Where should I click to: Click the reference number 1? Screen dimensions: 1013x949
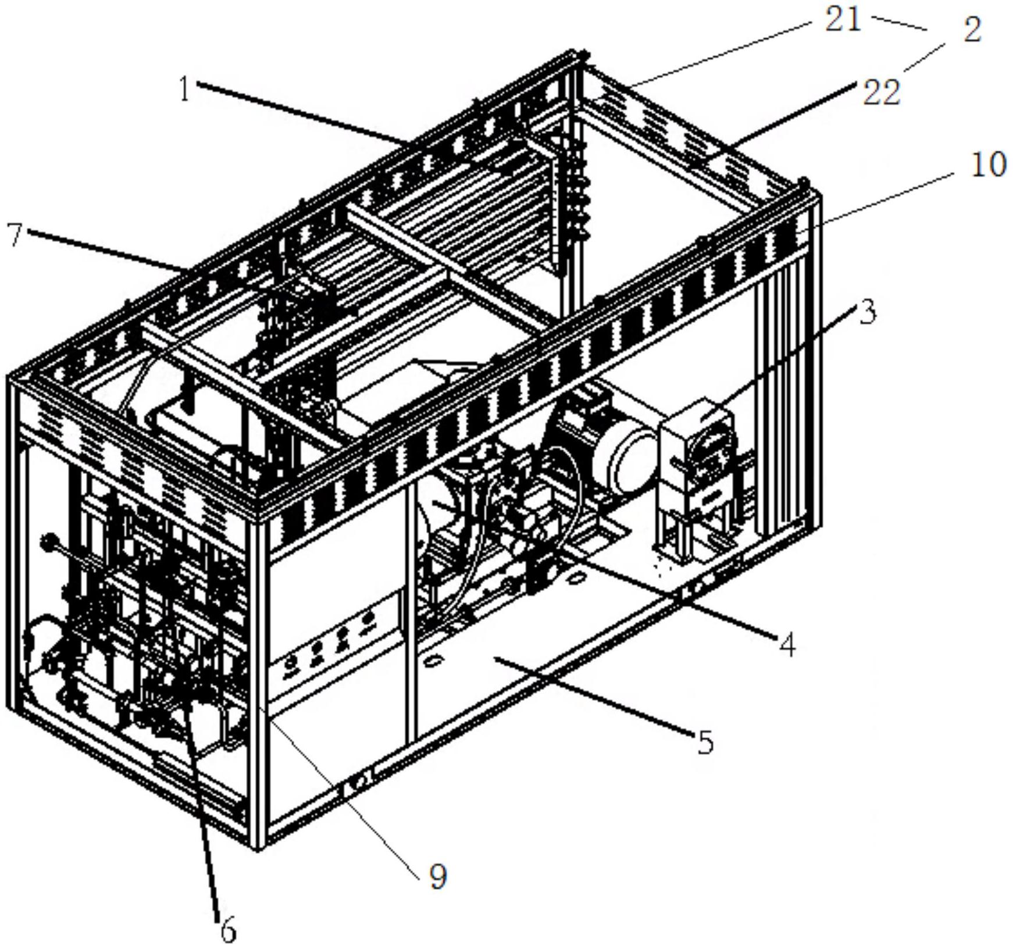[184, 90]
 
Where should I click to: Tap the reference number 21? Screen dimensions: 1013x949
[843, 21]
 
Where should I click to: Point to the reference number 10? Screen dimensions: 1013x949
[988, 165]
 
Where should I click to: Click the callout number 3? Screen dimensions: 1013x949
[867, 313]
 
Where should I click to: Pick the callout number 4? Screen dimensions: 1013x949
[787, 645]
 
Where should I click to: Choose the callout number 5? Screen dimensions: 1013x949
[705, 743]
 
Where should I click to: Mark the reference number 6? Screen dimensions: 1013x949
[228, 932]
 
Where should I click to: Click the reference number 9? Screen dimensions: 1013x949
[438, 876]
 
